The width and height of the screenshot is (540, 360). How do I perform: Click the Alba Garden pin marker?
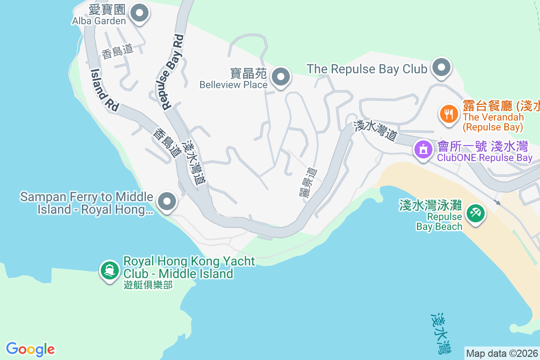[139, 13]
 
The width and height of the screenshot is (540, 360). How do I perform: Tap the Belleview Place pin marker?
[281, 77]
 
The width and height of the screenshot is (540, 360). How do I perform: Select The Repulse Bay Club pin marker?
[441, 67]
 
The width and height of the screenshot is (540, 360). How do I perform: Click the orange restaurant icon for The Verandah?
[448, 113]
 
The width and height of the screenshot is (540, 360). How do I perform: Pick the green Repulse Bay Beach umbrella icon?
[476, 212]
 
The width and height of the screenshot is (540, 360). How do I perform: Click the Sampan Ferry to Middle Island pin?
[167, 202]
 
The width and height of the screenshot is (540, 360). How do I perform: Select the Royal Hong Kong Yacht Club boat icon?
[109, 270]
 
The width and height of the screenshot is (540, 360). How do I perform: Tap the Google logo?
[30, 349]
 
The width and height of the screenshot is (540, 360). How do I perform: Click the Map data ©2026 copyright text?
[502, 353]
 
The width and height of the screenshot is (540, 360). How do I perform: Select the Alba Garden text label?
[99, 21]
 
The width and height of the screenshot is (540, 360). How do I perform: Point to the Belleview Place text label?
[234, 85]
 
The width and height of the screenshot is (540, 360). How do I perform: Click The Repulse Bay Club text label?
[367, 69]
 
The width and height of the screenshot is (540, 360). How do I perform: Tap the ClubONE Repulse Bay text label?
[485, 158]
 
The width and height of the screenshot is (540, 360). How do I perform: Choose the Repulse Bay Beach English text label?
[439, 221]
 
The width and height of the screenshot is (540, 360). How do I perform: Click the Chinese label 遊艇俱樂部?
[148, 285]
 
